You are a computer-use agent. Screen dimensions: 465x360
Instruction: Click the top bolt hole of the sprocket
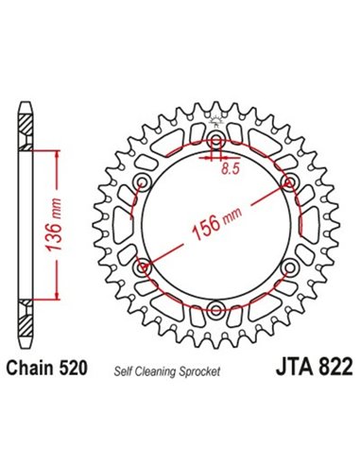pyautogui.click(x=217, y=142)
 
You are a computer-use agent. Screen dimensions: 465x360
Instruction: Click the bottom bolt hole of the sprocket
pyautogui.click(x=217, y=308)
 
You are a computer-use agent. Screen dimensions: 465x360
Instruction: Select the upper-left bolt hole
pyautogui.click(x=145, y=182)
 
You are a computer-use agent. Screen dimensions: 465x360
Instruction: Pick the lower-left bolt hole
pyautogui.click(x=145, y=267)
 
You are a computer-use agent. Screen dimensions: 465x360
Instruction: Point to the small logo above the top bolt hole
pyautogui.click(x=217, y=120)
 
